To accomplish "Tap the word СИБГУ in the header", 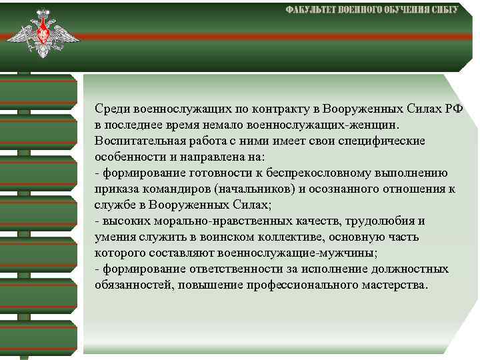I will click(x=441, y=11).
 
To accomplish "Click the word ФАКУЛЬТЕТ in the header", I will click(x=311, y=11).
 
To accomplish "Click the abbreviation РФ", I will click(x=455, y=109).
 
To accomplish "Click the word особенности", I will click(x=127, y=157).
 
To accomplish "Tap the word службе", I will click(x=113, y=205).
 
